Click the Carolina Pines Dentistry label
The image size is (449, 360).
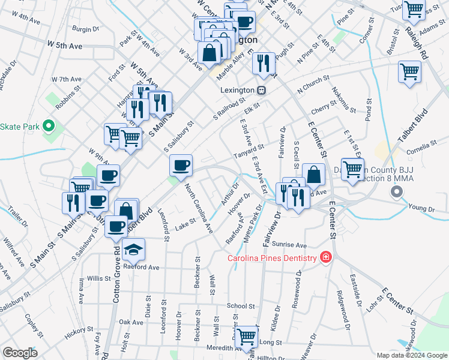(x=271, y=258)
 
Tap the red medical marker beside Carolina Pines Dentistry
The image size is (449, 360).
(x=325, y=257)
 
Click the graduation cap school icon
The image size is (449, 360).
(x=133, y=249)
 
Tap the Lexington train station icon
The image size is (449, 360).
(x=261, y=90)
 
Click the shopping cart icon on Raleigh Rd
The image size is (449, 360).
(x=409, y=73)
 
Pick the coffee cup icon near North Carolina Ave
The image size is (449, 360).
(x=181, y=164)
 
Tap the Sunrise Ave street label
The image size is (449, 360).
(x=289, y=245)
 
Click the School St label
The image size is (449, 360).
(x=241, y=305)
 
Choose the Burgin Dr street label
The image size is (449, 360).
(x=85, y=28)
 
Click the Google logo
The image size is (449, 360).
(x=20, y=353)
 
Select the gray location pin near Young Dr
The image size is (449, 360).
(x=396, y=192)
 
